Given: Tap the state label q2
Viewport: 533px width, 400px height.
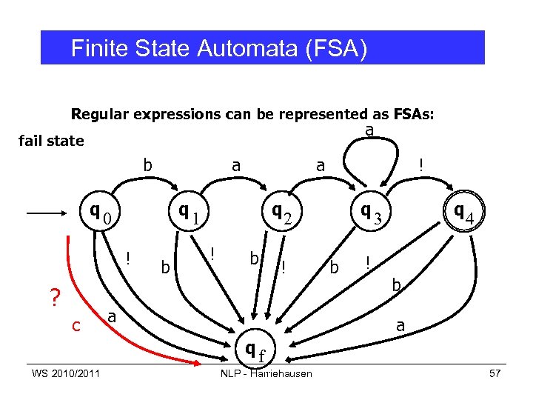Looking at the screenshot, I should click(281, 214).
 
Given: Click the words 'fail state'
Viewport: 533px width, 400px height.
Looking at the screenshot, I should click(50, 141).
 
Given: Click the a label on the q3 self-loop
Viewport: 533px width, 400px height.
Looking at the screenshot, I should click(369, 130).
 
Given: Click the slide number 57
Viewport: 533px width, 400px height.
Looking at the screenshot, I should click(495, 373).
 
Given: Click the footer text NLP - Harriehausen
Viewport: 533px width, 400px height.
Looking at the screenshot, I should click(266, 373).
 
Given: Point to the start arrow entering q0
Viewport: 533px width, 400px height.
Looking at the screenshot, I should click(52, 214).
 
